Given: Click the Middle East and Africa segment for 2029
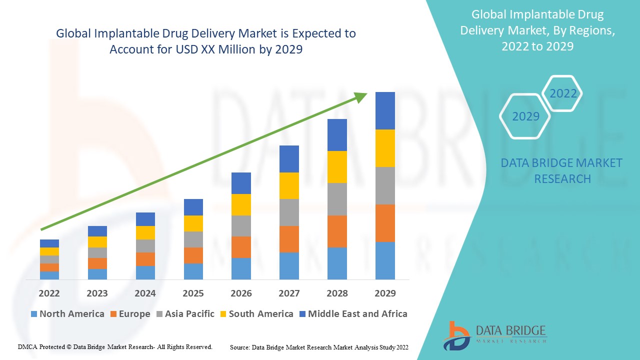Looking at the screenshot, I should click(385, 110).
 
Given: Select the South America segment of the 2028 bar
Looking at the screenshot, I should click(337, 167).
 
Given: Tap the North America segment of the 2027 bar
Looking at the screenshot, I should click(289, 265).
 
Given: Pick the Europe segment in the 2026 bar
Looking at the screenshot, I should click(241, 247).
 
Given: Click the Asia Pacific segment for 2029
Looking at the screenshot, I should click(385, 185).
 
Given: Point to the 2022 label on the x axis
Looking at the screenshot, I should click(49, 293).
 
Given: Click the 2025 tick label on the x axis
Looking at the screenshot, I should click(193, 293).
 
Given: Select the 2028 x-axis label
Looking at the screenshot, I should click(337, 293).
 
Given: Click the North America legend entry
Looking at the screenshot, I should click(67, 314).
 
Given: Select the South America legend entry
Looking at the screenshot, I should click(256, 314).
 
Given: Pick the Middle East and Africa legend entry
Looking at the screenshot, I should click(353, 314).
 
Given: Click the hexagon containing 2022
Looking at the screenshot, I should click(563, 93).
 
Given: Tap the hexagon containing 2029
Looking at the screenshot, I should click(525, 116).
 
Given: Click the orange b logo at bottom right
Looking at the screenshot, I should click(456, 335).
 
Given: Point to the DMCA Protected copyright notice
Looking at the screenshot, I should click(115, 346).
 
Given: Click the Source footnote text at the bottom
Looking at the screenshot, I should click(319, 347).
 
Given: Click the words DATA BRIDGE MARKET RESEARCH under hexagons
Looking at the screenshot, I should click(562, 171).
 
